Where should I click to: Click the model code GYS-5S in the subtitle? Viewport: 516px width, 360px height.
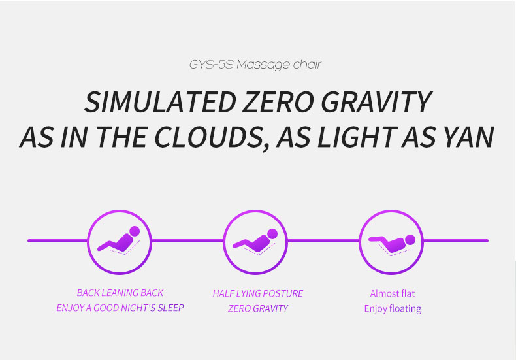(x=211, y=65)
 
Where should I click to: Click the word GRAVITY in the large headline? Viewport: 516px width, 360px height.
(x=376, y=102)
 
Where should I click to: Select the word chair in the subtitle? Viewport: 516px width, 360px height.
(x=307, y=65)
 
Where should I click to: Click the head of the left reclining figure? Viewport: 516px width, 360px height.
(x=135, y=231)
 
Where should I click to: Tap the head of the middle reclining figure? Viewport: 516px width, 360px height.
(x=272, y=234)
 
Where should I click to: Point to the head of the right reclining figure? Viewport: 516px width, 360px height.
(x=410, y=240)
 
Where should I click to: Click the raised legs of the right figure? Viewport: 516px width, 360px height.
(x=378, y=239)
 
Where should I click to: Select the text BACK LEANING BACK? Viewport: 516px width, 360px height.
(x=120, y=293)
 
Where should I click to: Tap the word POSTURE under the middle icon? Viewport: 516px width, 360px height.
(x=282, y=293)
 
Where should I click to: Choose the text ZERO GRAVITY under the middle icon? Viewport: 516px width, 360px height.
(x=258, y=308)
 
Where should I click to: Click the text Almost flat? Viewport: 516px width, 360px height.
(x=393, y=293)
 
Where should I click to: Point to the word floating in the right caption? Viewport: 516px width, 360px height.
(x=405, y=309)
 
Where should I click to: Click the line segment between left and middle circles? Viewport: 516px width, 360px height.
(x=187, y=241)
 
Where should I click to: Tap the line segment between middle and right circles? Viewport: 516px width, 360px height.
(x=323, y=241)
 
